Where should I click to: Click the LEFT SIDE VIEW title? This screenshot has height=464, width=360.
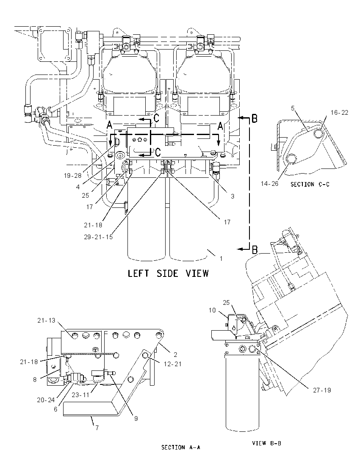pyautogui.click(x=168, y=273)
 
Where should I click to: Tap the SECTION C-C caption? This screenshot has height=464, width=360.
pyautogui.click(x=310, y=184)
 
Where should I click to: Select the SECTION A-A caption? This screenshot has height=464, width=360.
pyautogui.click(x=180, y=447)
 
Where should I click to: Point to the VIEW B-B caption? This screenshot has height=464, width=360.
pyautogui.click(x=266, y=443)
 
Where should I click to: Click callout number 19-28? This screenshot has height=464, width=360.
pyautogui.click(x=72, y=175)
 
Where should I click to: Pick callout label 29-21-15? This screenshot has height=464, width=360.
pyautogui.click(x=98, y=237)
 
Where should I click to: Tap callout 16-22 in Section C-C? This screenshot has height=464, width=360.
pyautogui.click(x=339, y=113)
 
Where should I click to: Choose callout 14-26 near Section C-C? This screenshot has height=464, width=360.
pyautogui.click(x=269, y=183)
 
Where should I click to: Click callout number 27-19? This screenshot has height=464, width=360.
pyautogui.click(x=322, y=390)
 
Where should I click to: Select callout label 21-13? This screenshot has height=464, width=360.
pyautogui.click(x=46, y=320)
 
